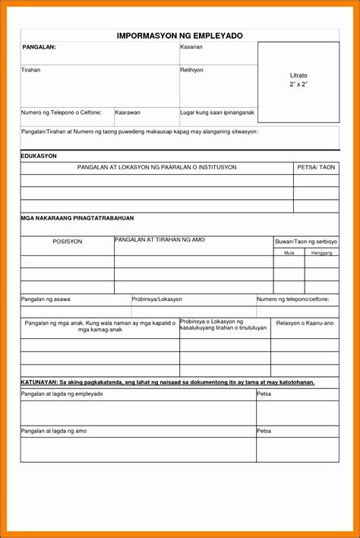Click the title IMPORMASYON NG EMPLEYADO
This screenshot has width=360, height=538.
point(179,36)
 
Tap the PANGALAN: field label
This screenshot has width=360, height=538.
point(39,47)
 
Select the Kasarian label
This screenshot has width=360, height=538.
point(191,47)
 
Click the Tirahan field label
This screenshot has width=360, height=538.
point(31,70)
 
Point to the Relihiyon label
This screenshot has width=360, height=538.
point(192,70)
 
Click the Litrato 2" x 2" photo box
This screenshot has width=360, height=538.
point(298,80)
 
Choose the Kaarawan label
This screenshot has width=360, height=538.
point(128,112)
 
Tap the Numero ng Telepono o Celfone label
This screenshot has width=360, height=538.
point(62,112)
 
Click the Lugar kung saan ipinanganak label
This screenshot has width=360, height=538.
point(217,112)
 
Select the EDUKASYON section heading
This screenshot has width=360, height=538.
point(39,156)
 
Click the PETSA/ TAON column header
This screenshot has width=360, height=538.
point(316,167)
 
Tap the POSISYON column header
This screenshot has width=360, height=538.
point(67,242)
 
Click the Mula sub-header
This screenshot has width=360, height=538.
point(289,252)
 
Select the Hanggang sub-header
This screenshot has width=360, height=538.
point(322,252)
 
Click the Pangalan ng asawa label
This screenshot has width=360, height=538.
point(46,299)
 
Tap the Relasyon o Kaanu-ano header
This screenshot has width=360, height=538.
point(305,324)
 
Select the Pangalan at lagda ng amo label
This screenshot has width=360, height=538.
point(54,431)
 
